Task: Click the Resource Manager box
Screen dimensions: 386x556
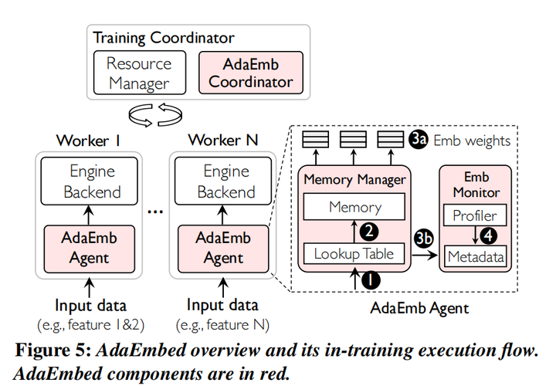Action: [x=139, y=72]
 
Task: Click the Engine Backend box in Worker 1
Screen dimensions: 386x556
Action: [x=91, y=181]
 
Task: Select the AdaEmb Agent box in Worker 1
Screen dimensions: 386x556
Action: [x=91, y=247]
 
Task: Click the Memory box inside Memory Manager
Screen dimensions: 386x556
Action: [x=354, y=207]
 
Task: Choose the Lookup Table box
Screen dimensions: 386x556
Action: [x=354, y=253]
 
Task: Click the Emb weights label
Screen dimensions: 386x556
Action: [x=472, y=140]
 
